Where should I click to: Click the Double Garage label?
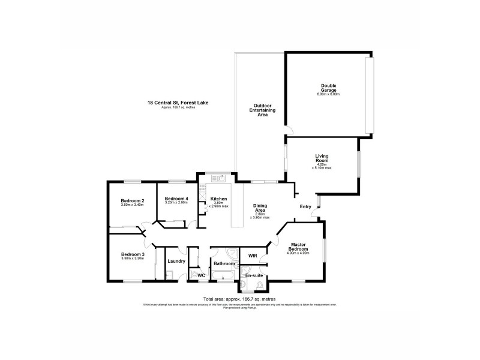[328, 88]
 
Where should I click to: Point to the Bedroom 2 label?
[132, 201]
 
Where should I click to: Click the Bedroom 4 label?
[176, 199]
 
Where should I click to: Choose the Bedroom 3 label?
[132, 254]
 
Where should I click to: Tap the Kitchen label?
[218, 199]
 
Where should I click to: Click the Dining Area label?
[260, 208]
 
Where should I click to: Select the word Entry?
[306, 207]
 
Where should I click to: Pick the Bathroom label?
[224, 263]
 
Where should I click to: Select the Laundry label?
[176, 261]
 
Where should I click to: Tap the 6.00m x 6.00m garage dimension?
[328, 94]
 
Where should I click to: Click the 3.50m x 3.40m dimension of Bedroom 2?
[132, 206]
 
